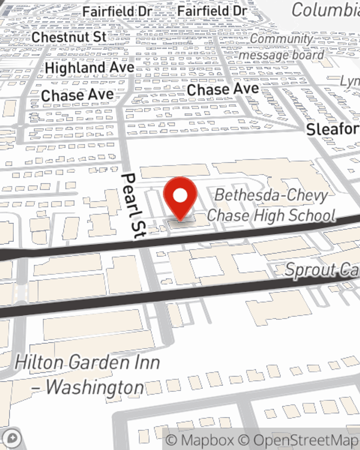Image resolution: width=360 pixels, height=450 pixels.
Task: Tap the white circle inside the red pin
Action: coord(180,196)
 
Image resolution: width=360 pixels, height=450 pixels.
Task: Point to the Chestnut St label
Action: coord(69,37)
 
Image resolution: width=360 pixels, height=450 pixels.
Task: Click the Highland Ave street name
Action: coord(90,67)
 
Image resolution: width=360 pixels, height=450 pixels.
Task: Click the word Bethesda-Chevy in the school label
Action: coord(271,195)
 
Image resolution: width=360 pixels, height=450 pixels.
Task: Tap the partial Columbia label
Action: coord(325,10)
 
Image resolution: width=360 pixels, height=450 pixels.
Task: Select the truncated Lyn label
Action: coord(350,81)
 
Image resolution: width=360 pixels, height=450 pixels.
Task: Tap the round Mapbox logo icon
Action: coord(12,438)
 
